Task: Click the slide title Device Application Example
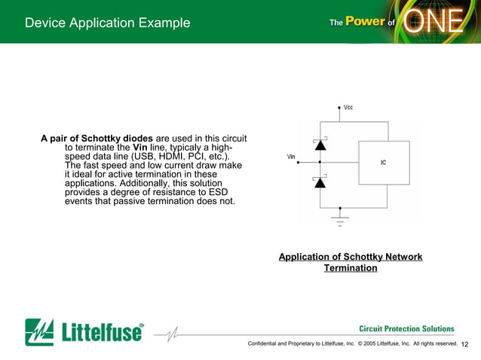(x=107, y=23)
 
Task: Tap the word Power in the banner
(x=366, y=22)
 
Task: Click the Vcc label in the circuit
(x=348, y=108)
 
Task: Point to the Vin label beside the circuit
(x=291, y=157)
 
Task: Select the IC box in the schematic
(x=383, y=162)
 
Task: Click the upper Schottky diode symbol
(x=320, y=143)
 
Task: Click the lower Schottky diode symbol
(x=320, y=182)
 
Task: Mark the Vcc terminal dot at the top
(x=339, y=108)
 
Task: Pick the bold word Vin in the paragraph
(x=140, y=148)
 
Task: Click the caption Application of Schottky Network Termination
(x=351, y=262)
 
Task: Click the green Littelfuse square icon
(x=39, y=331)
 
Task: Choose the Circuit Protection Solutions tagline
(x=406, y=329)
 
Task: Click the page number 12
(x=464, y=344)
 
